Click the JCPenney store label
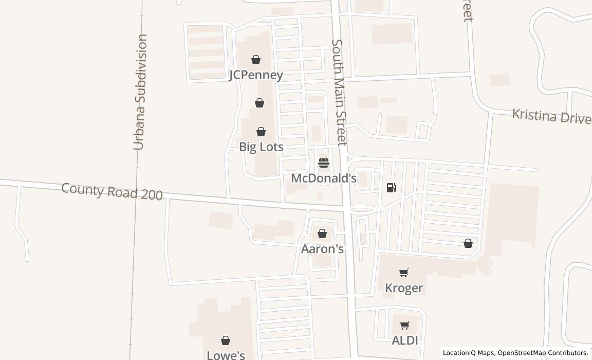[x=256, y=75]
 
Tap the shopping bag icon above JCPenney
[x=256, y=60]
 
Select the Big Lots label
[x=261, y=147]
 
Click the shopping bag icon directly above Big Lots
[x=261, y=132]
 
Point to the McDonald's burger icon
[x=324, y=163]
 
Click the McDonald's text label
[x=324, y=178]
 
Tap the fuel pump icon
[x=392, y=188]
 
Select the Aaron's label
[x=322, y=249]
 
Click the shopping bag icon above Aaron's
[x=322, y=234]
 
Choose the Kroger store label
[x=404, y=288]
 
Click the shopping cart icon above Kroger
[x=404, y=273]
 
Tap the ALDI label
[x=405, y=340]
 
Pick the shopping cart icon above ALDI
[x=405, y=325]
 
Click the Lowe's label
[x=226, y=355]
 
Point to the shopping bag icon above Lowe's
[x=226, y=340]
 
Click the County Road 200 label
[x=112, y=191]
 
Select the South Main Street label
[x=340, y=93]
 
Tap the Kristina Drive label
[x=551, y=117]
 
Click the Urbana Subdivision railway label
[x=140, y=93]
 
